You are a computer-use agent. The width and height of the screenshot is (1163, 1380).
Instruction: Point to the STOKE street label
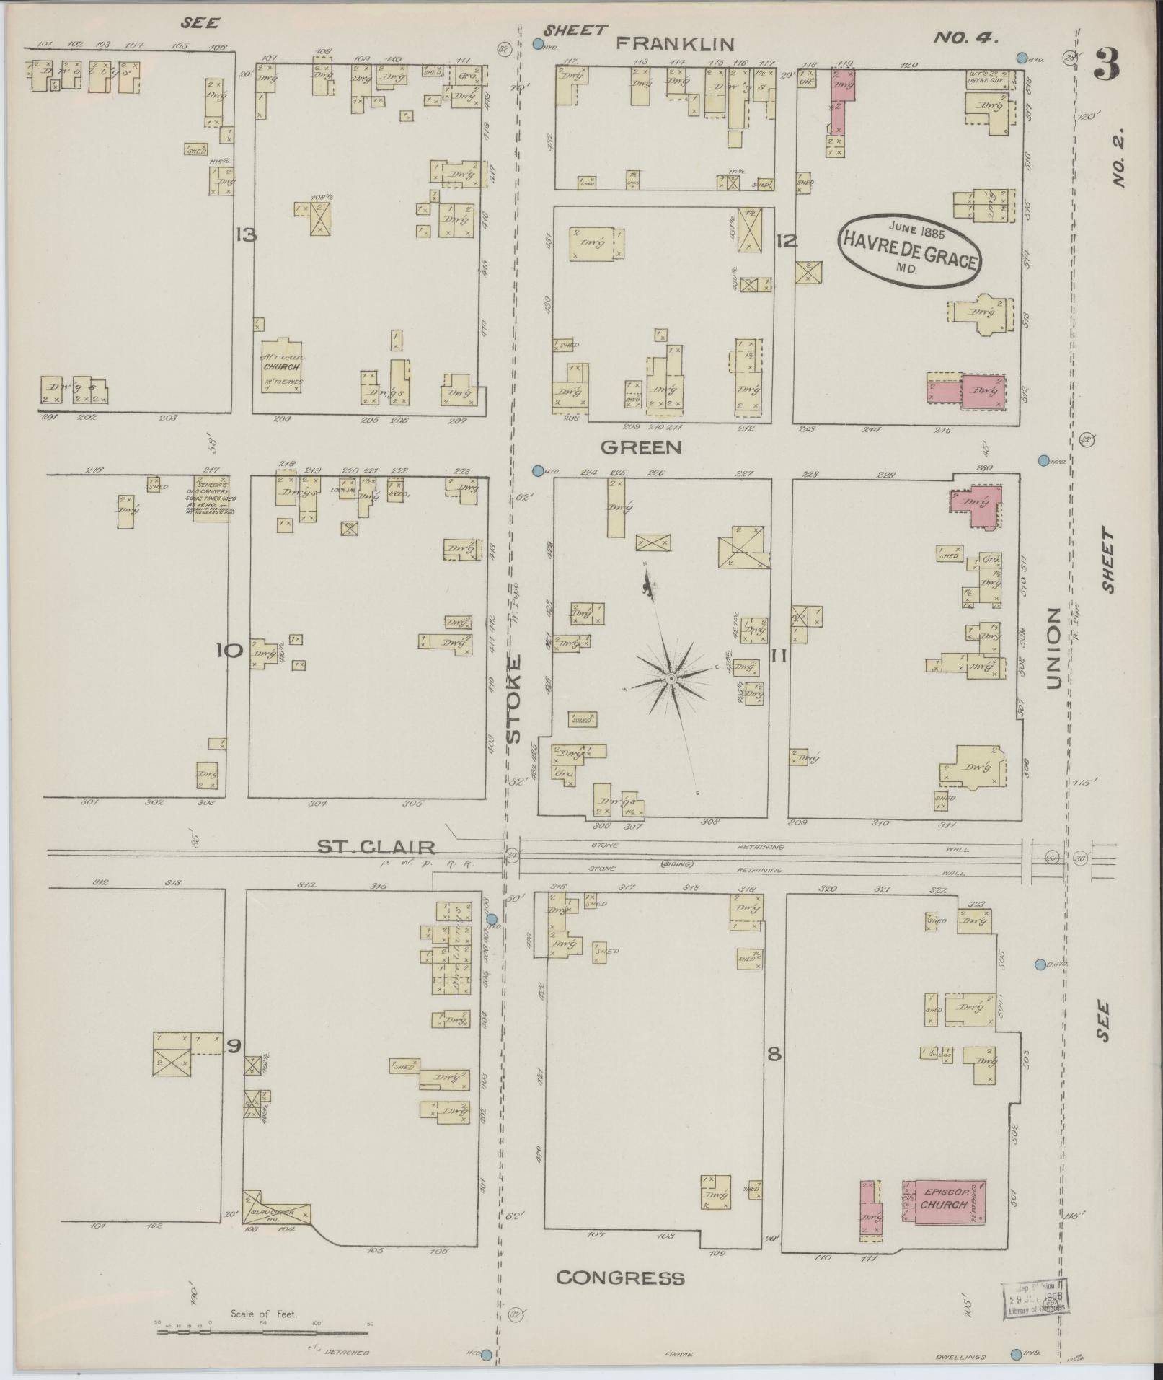pyautogui.click(x=513, y=698)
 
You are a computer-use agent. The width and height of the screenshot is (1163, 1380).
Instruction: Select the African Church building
pyautogui.click(x=280, y=366)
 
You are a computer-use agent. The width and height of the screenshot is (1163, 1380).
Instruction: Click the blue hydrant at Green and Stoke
pyautogui.click(x=537, y=471)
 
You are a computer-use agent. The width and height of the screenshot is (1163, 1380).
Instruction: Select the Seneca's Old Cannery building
pyautogui.click(x=211, y=497)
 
